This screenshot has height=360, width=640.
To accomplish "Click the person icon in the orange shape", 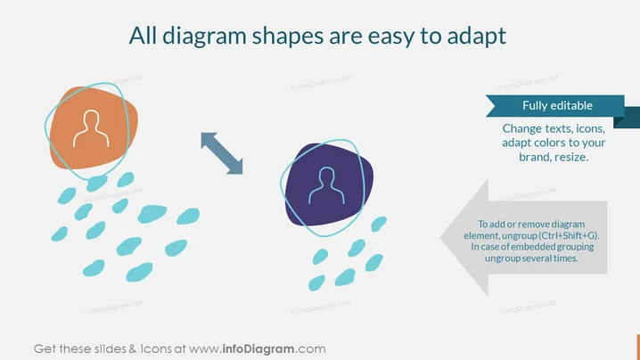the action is pos(91,128).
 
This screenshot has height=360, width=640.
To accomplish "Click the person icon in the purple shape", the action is pos(326,185).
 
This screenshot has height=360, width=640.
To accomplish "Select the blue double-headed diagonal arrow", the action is pos(222,153).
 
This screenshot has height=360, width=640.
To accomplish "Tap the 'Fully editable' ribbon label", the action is pos(557,105).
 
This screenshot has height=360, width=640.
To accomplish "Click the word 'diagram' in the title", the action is pos(204,37).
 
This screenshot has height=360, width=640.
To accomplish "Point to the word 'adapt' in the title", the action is pos(477,37).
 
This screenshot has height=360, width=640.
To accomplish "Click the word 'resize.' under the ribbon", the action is pos(572,157).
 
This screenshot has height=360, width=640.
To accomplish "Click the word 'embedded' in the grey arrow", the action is pos(533,247).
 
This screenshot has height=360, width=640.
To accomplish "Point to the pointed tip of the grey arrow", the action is pos(440,237).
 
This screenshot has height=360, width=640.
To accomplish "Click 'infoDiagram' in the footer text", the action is pos(258,349).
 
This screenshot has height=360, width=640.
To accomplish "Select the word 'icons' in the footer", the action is pos(156,349).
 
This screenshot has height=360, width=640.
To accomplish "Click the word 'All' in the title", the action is pos(143,36).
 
